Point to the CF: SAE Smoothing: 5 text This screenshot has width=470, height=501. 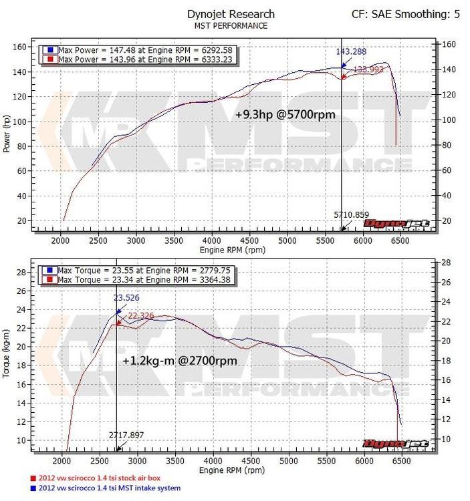[406, 14]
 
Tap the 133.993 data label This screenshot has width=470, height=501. [368, 69]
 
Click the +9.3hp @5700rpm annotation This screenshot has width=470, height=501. [285, 115]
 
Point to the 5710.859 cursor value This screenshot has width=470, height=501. [352, 214]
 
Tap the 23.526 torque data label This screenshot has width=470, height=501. [128, 299]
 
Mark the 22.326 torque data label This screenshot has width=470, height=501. [142, 315]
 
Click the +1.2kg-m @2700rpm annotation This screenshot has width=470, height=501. [180, 361]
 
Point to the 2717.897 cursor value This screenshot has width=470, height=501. [127, 435]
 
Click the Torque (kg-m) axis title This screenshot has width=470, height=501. [7, 353]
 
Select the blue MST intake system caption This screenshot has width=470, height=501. [105, 488]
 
